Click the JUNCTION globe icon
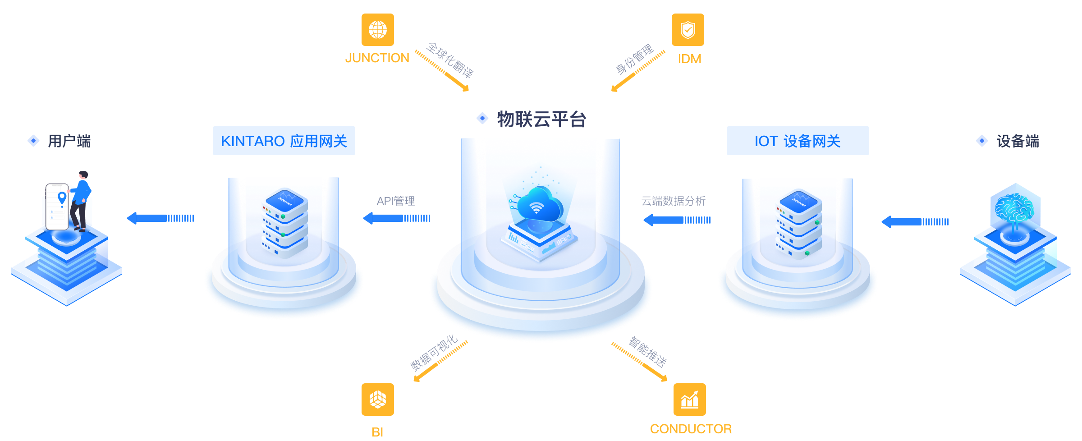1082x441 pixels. (x=377, y=30)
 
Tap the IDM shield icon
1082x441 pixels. (x=688, y=30)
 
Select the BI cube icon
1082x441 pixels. (x=377, y=400)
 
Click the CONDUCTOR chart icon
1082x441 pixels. (x=689, y=400)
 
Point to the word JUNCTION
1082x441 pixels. (x=377, y=58)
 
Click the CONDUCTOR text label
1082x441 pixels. (x=691, y=429)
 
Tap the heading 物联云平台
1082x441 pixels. (x=541, y=119)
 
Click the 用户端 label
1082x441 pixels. (x=69, y=141)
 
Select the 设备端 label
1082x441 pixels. (x=1018, y=141)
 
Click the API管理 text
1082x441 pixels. (x=396, y=201)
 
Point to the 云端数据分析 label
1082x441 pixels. (x=673, y=201)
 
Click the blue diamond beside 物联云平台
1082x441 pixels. (x=482, y=118)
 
